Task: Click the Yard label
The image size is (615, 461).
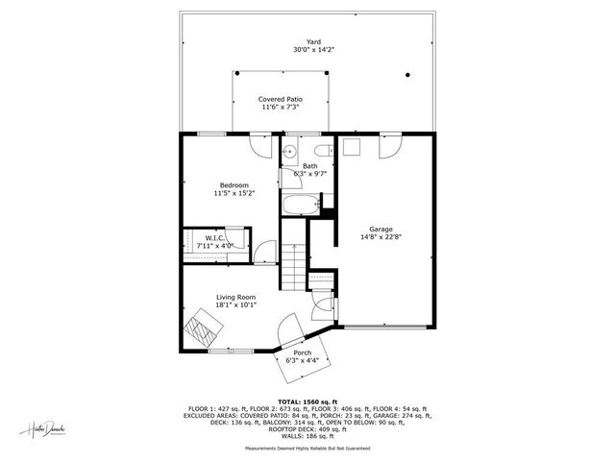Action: [313, 41]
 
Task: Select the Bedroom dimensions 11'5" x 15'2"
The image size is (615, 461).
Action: [234, 193]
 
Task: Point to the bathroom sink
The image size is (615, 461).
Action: [289, 151]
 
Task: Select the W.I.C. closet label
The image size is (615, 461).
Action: [215, 238]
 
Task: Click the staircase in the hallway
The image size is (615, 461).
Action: [292, 263]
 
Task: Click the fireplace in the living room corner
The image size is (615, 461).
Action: [205, 328]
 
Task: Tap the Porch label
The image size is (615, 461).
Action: [303, 352]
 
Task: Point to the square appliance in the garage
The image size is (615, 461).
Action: [351, 147]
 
